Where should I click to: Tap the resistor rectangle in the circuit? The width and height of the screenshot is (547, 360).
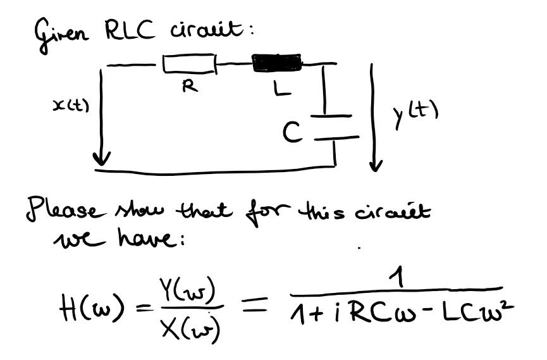(x=189, y=64)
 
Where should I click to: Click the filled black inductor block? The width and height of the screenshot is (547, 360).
(x=276, y=63)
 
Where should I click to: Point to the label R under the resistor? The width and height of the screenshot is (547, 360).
(x=188, y=88)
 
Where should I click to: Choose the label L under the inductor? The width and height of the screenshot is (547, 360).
(x=283, y=90)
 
